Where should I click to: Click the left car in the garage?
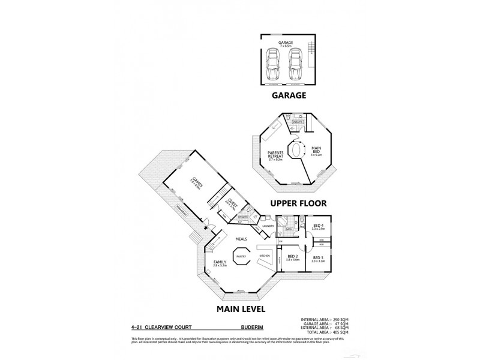tap(273, 63)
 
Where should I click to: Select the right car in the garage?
tap(295, 63)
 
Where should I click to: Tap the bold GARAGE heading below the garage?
tap(289, 95)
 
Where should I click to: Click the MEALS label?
tap(241, 238)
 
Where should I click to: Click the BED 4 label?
tap(318, 226)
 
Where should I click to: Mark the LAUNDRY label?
tap(268, 226)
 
